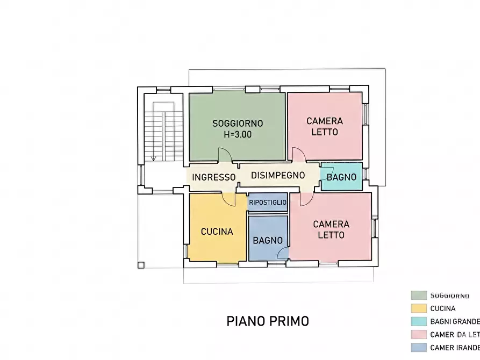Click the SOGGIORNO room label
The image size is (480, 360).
(237, 123)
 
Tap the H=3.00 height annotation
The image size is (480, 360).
(237, 135)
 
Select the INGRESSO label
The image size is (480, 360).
(213, 177)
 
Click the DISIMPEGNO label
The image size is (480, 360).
(278, 175)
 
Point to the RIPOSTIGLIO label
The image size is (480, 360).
(268, 203)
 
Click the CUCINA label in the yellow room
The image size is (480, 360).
(217, 232)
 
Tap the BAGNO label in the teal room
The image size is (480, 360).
(341, 177)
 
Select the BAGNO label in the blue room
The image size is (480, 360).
(268, 240)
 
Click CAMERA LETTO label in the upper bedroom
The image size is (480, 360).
(325, 126)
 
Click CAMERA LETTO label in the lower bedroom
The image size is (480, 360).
(331, 229)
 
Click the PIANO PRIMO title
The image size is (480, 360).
(268, 321)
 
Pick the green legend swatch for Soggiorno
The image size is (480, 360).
(419, 295)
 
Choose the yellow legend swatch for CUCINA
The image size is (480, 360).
(419, 308)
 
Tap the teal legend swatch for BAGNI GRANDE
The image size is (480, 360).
(419, 321)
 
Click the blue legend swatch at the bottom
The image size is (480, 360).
(419, 348)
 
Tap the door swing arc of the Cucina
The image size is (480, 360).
(229, 199)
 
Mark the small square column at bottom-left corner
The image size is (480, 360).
(141, 264)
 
